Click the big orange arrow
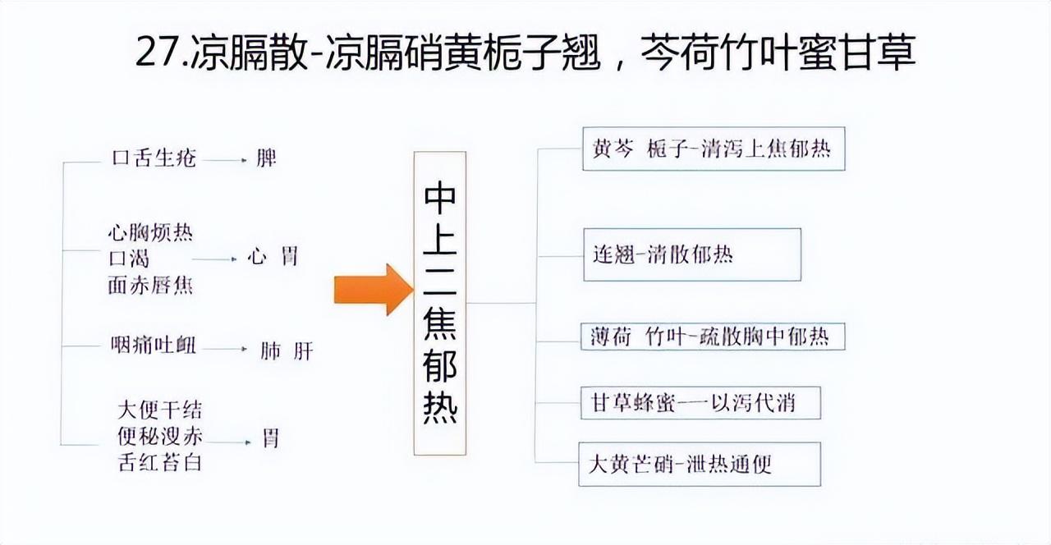pos(374,290)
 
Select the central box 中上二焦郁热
pos(439,303)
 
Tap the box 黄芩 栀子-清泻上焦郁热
pos(714,149)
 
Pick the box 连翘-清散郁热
pos(692,254)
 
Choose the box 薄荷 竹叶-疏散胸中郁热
pos(713,337)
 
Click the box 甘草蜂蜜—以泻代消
pos(700,403)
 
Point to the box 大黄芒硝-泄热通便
pos(700,464)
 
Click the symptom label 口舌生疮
pos(154,158)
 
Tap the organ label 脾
pos(266,158)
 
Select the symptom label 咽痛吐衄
pos(154,346)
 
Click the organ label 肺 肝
pos(287,350)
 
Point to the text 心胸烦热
pos(150,232)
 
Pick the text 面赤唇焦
pos(150,285)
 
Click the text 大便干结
pos(160,410)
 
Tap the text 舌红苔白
pos(160,462)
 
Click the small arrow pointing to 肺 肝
pos(225,349)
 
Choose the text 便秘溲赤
pos(160,436)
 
